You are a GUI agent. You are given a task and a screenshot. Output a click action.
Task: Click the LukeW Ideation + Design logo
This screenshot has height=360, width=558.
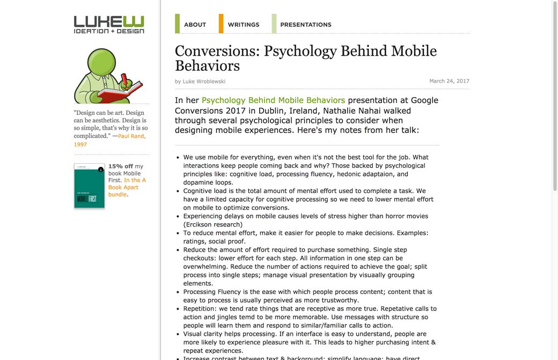click(x=109, y=25)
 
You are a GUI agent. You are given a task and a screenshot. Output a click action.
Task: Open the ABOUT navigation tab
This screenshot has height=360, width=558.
click(x=195, y=25)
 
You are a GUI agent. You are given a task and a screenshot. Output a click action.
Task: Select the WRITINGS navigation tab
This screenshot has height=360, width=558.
click(x=243, y=25)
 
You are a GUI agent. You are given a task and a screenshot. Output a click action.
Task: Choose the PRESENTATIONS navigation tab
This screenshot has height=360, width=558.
click(x=305, y=25)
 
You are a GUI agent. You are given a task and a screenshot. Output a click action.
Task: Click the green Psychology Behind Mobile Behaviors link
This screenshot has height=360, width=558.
click(x=273, y=100)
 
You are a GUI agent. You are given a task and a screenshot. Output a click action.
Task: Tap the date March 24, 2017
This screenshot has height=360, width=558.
click(x=449, y=81)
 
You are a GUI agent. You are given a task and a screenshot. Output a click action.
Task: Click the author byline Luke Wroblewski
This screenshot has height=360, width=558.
click(x=204, y=82)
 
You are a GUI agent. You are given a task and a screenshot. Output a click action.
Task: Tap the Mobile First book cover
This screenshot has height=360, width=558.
click(x=89, y=186)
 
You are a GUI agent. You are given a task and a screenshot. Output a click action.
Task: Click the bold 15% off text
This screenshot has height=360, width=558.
click(x=121, y=166)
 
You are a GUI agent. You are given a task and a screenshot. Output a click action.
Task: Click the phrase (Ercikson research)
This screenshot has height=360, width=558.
click(x=213, y=224)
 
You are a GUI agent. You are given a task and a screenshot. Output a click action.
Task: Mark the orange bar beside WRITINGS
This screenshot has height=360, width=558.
click(x=221, y=24)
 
